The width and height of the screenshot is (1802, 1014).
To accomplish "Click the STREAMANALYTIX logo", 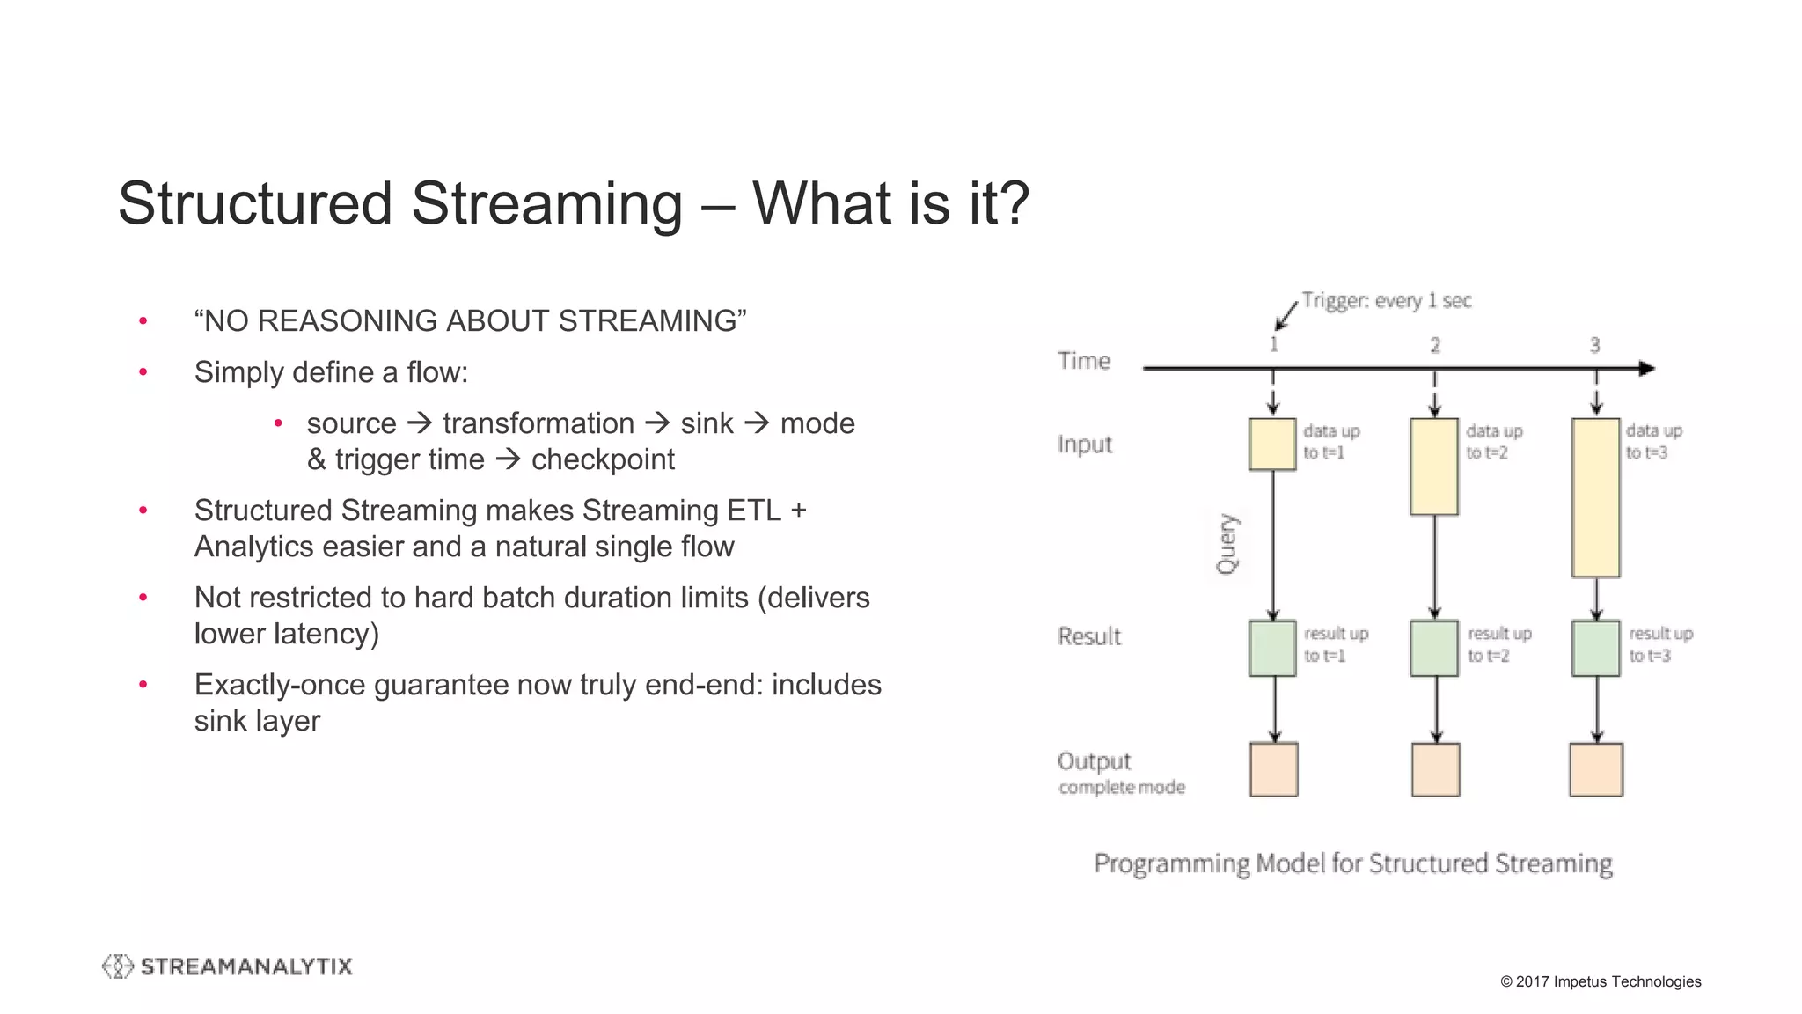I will click(x=227, y=966).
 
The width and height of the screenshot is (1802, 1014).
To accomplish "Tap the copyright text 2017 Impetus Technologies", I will click(x=1601, y=981).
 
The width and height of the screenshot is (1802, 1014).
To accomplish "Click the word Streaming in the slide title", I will click(x=546, y=203).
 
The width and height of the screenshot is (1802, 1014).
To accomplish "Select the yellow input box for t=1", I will click(x=1272, y=444).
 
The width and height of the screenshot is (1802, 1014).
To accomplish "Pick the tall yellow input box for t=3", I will click(x=1595, y=497).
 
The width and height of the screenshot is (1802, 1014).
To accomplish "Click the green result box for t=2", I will click(x=1434, y=648).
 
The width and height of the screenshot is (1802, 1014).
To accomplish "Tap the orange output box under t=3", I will click(x=1595, y=769).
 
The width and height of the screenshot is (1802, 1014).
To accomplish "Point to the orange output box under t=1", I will click(x=1273, y=769).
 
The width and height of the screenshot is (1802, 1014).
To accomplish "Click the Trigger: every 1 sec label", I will click(x=1386, y=301).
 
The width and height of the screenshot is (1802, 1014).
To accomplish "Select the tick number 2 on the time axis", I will click(x=1435, y=345).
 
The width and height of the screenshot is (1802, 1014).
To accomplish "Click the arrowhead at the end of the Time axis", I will click(x=1647, y=369).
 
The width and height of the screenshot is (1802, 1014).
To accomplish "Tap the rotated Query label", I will click(x=1227, y=543).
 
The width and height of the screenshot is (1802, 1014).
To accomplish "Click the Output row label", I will click(x=1094, y=760).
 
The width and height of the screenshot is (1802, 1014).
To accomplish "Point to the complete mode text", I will click(x=1122, y=787).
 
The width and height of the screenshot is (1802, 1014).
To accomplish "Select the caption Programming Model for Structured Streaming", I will click(x=1352, y=863).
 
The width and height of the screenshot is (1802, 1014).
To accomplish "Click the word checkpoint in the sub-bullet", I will click(x=603, y=459).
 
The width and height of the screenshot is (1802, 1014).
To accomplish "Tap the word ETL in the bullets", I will click(x=754, y=511).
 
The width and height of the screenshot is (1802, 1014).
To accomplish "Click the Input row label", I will click(x=1084, y=444).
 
